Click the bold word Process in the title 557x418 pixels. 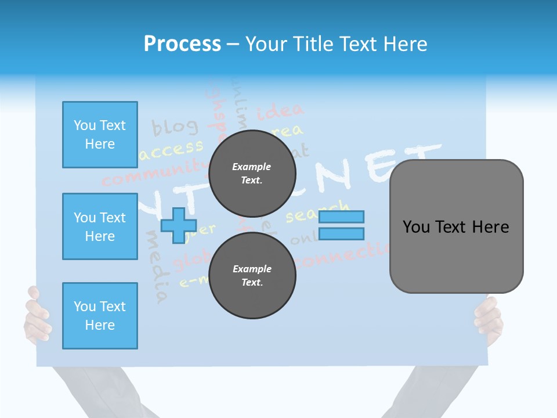pos(182,44)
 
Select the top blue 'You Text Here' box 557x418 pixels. pos(100,135)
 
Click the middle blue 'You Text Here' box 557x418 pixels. pos(100,226)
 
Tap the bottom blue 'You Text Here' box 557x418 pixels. pos(100,316)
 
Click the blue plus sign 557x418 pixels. pos(178,225)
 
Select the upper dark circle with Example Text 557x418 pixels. pos(252,173)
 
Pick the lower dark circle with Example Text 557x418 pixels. pos(252,275)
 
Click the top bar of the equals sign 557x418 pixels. pos(341,217)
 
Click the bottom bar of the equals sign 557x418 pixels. pos(341,233)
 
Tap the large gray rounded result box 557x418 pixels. pos(456,226)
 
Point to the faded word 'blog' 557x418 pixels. pos(175,126)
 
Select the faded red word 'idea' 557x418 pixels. pos(280,110)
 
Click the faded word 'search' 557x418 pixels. pos(317,212)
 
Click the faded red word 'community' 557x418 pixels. pos(154,174)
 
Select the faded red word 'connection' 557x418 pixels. pos(342,256)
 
